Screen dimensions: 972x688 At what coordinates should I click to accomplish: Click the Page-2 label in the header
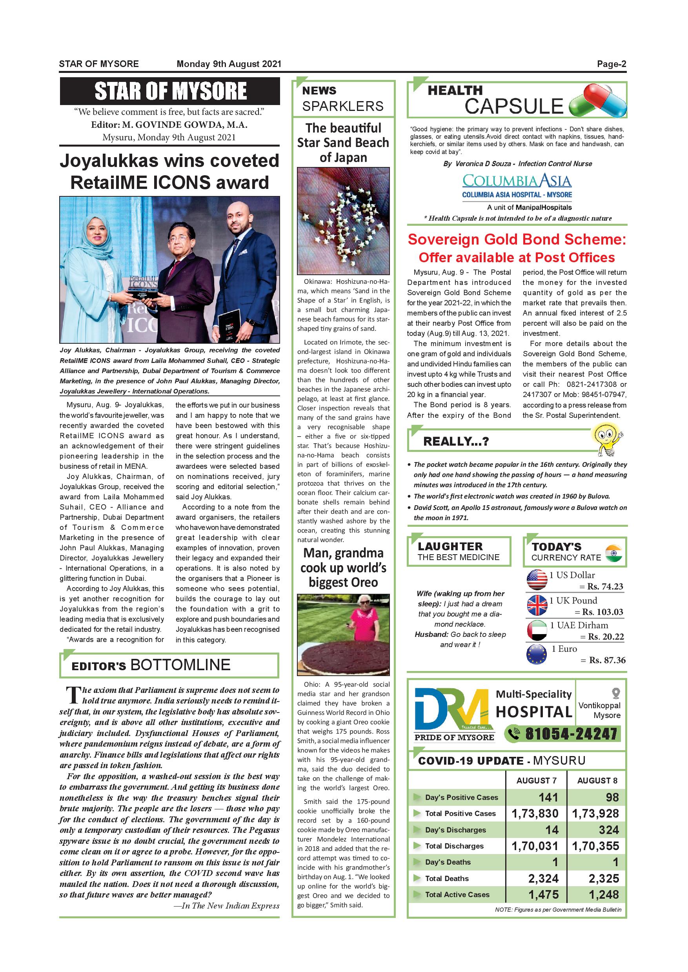click(612, 64)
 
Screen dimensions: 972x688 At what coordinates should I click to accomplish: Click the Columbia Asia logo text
click(517, 181)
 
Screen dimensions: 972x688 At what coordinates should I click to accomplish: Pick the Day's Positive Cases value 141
click(548, 798)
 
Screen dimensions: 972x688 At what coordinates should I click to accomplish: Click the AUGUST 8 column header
click(597, 781)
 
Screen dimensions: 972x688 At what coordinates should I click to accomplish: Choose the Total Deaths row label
click(447, 878)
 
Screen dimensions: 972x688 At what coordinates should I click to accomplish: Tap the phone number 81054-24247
click(571, 734)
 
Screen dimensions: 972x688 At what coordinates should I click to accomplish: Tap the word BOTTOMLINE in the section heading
click(180, 665)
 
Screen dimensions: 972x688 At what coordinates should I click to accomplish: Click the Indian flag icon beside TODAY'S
click(613, 553)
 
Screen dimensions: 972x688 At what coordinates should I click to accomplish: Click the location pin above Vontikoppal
click(616, 693)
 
